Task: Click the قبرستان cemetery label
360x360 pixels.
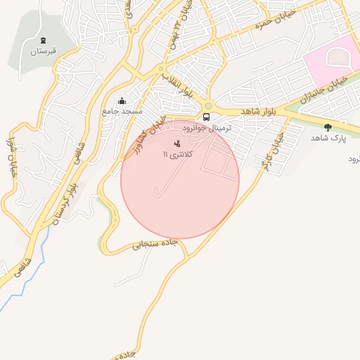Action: tap(43, 51)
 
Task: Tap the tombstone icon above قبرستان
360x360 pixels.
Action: tap(44, 40)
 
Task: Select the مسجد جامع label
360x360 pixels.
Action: tap(122, 111)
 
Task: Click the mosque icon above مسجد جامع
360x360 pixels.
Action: tap(122, 101)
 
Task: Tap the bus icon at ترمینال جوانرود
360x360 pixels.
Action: tap(207, 117)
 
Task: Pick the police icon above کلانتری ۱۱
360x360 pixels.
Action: tap(176, 143)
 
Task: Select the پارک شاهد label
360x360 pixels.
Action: tap(329, 138)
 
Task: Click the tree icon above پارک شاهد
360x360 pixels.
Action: tap(328, 127)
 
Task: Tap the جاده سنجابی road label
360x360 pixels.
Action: tap(156, 245)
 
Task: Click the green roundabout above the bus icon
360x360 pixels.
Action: tap(208, 107)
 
